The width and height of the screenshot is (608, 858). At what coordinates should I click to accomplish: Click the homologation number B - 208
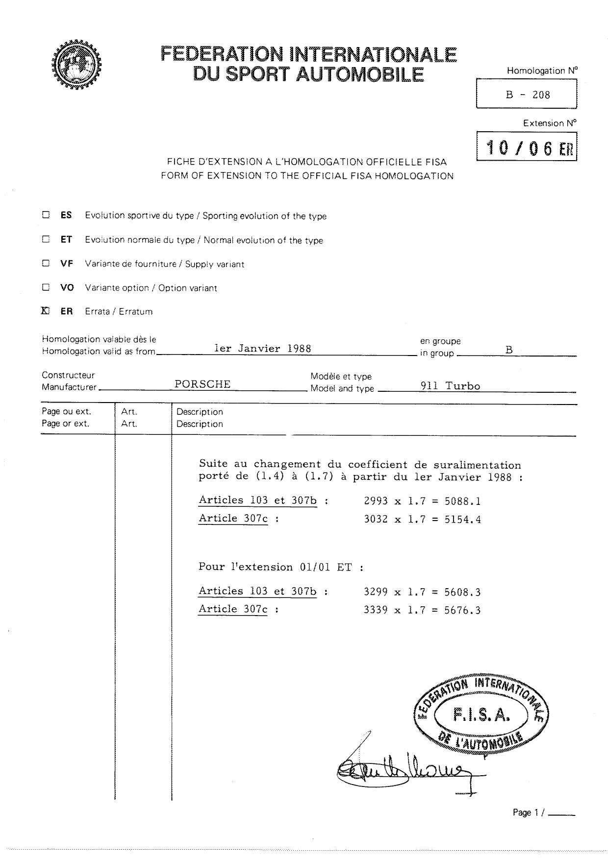pos(528,95)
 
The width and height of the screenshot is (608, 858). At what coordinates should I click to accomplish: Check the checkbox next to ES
pos(46,214)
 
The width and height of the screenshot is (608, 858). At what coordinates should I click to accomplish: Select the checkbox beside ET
pos(46,239)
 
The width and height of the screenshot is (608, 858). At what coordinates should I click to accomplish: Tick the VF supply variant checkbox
pos(46,263)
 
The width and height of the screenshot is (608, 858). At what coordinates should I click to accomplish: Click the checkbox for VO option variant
pos(46,287)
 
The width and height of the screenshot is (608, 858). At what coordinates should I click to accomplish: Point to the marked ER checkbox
pos(46,310)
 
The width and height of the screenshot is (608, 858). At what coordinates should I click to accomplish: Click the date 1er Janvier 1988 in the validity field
pos(263,349)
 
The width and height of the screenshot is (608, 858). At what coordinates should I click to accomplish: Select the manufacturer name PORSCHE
pos(203,384)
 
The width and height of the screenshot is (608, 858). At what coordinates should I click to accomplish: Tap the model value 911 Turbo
pos(450,386)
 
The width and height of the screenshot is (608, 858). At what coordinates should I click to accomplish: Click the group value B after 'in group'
pos(509,350)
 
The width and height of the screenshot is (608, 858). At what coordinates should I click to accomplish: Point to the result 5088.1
pos(462,501)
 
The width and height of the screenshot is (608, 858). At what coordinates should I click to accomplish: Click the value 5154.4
pos(462,520)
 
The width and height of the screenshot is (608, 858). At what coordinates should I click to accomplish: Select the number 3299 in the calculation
pos(376,593)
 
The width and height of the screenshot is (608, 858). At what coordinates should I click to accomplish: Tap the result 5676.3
pos(462,610)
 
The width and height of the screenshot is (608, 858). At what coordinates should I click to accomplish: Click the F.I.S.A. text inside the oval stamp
pos(481,715)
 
